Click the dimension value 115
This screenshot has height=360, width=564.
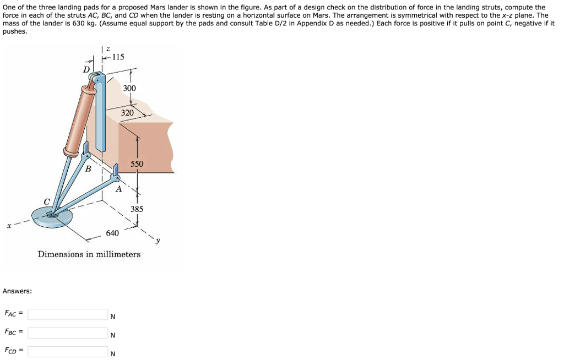[x=118, y=57]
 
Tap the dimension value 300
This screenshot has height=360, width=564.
[x=129, y=88]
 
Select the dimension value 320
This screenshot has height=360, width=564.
[x=127, y=113]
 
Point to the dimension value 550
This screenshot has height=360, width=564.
[x=137, y=164]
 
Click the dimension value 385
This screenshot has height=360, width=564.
[x=137, y=209]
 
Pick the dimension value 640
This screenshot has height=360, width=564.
[x=112, y=233]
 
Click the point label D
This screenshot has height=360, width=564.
[x=86, y=69]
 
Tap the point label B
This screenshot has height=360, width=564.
[x=88, y=168]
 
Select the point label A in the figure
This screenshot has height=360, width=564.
[x=119, y=189]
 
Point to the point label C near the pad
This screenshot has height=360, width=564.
[x=47, y=202]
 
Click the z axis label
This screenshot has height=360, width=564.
[x=109, y=48]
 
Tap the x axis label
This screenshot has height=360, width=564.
[x=9, y=226]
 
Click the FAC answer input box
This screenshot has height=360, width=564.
[x=68, y=314]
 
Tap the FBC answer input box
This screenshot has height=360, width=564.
[x=68, y=332]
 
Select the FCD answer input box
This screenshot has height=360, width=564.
[x=68, y=351]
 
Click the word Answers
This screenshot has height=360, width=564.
[x=17, y=291]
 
